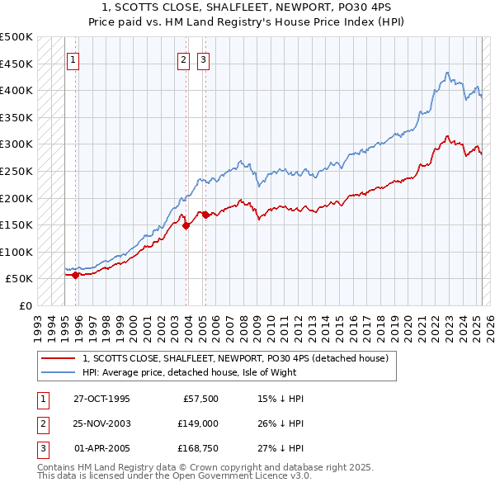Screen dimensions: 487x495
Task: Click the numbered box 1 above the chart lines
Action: point(73,59)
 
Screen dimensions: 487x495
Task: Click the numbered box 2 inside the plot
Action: point(183,59)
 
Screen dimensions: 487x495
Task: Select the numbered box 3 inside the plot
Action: point(202,59)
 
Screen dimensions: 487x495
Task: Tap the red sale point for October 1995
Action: point(75,275)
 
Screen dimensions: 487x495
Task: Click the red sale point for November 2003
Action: point(186,225)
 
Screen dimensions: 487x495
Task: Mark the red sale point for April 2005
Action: point(205,215)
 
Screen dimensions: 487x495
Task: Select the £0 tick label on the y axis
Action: point(25,305)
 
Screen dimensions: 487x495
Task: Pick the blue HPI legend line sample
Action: point(59,373)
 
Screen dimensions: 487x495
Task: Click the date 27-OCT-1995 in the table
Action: point(101,399)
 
